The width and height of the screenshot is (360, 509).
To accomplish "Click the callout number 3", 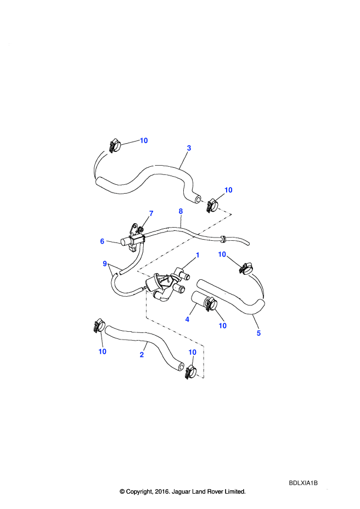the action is [189, 148].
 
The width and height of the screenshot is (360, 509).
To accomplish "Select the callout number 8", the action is [181, 211].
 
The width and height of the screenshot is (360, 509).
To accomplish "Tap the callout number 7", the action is [151, 213].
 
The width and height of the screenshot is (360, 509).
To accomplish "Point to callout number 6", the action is [102, 241].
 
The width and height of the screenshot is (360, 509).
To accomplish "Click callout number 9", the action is [105, 264].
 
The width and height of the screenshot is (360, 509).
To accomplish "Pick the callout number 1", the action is [197, 255].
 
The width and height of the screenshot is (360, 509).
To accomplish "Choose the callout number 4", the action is [187, 319].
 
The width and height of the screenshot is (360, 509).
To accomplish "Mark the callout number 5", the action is [258, 333].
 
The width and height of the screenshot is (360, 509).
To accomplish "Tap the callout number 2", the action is [142, 354].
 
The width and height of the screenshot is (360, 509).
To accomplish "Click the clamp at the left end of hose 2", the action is [99, 326].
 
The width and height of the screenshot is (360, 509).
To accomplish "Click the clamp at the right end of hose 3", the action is [211, 205].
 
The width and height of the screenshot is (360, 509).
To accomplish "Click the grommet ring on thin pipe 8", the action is [223, 239].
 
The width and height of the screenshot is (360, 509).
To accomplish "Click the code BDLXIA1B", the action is [303, 483].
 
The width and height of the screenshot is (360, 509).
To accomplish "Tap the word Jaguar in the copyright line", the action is [181, 491].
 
